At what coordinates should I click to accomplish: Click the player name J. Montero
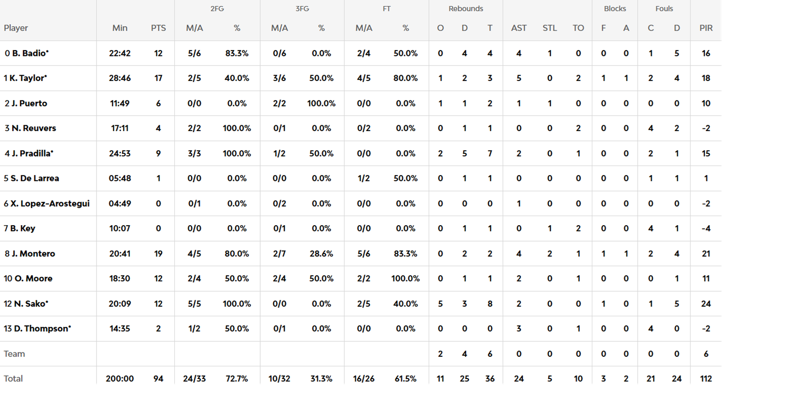[33, 254]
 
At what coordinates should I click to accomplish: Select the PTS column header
[158, 28]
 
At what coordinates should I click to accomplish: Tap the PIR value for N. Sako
[706, 304]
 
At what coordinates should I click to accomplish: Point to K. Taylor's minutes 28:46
[120, 78]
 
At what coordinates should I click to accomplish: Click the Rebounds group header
[465, 9]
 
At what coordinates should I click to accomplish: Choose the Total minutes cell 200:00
[120, 378]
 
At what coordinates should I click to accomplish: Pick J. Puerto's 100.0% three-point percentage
[321, 103]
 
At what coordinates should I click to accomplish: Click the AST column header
[519, 28]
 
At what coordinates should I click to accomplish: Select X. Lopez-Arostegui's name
[50, 203]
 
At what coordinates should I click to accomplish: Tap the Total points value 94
[158, 378]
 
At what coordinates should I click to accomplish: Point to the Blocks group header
[614, 9]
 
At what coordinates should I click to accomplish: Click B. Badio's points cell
[158, 53]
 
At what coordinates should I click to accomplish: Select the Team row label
[14, 354]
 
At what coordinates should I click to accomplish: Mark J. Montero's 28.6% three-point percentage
[321, 254]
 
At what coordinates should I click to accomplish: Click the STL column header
[549, 28]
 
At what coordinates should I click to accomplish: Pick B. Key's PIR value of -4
[706, 229]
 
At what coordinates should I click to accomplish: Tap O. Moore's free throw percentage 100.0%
[405, 279]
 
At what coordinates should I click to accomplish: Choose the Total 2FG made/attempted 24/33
[194, 378]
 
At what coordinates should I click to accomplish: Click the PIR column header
[706, 28]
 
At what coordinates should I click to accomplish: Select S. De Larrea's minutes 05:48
[120, 178]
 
